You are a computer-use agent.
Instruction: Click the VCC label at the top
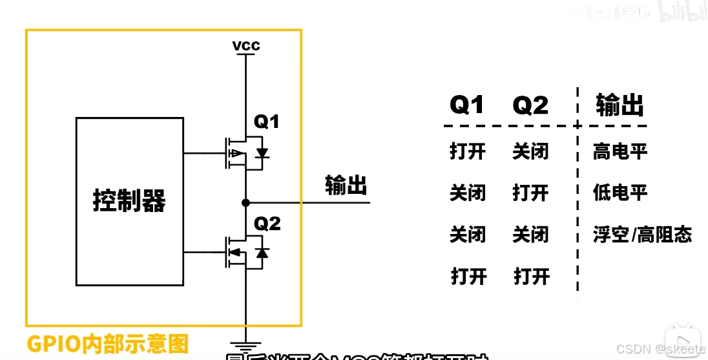point(247,46)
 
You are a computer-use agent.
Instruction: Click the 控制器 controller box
point(129,201)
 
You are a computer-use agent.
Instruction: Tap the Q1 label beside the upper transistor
point(267,122)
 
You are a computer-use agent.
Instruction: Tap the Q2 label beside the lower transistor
point(267,224)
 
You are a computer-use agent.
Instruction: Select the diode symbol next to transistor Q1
point(262,153)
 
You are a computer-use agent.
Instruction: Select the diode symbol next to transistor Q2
point(262,252)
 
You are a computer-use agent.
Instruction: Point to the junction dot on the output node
point(245,203)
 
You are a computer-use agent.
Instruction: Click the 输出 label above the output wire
point(346,185)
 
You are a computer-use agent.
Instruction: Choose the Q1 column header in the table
point(466,105)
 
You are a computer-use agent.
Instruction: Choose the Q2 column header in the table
point(530,105)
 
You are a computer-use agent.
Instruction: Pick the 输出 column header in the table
point(619,105)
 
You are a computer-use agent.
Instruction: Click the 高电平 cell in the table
point(620,152)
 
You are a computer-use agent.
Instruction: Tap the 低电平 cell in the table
point(620,193)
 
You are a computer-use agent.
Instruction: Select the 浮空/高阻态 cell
point(642,235)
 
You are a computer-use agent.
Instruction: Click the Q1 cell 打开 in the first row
point(468,152)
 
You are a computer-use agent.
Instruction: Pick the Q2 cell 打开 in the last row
point(531,277)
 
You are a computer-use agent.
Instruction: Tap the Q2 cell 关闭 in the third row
point(531,235)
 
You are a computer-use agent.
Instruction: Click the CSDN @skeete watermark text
point(661,349)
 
